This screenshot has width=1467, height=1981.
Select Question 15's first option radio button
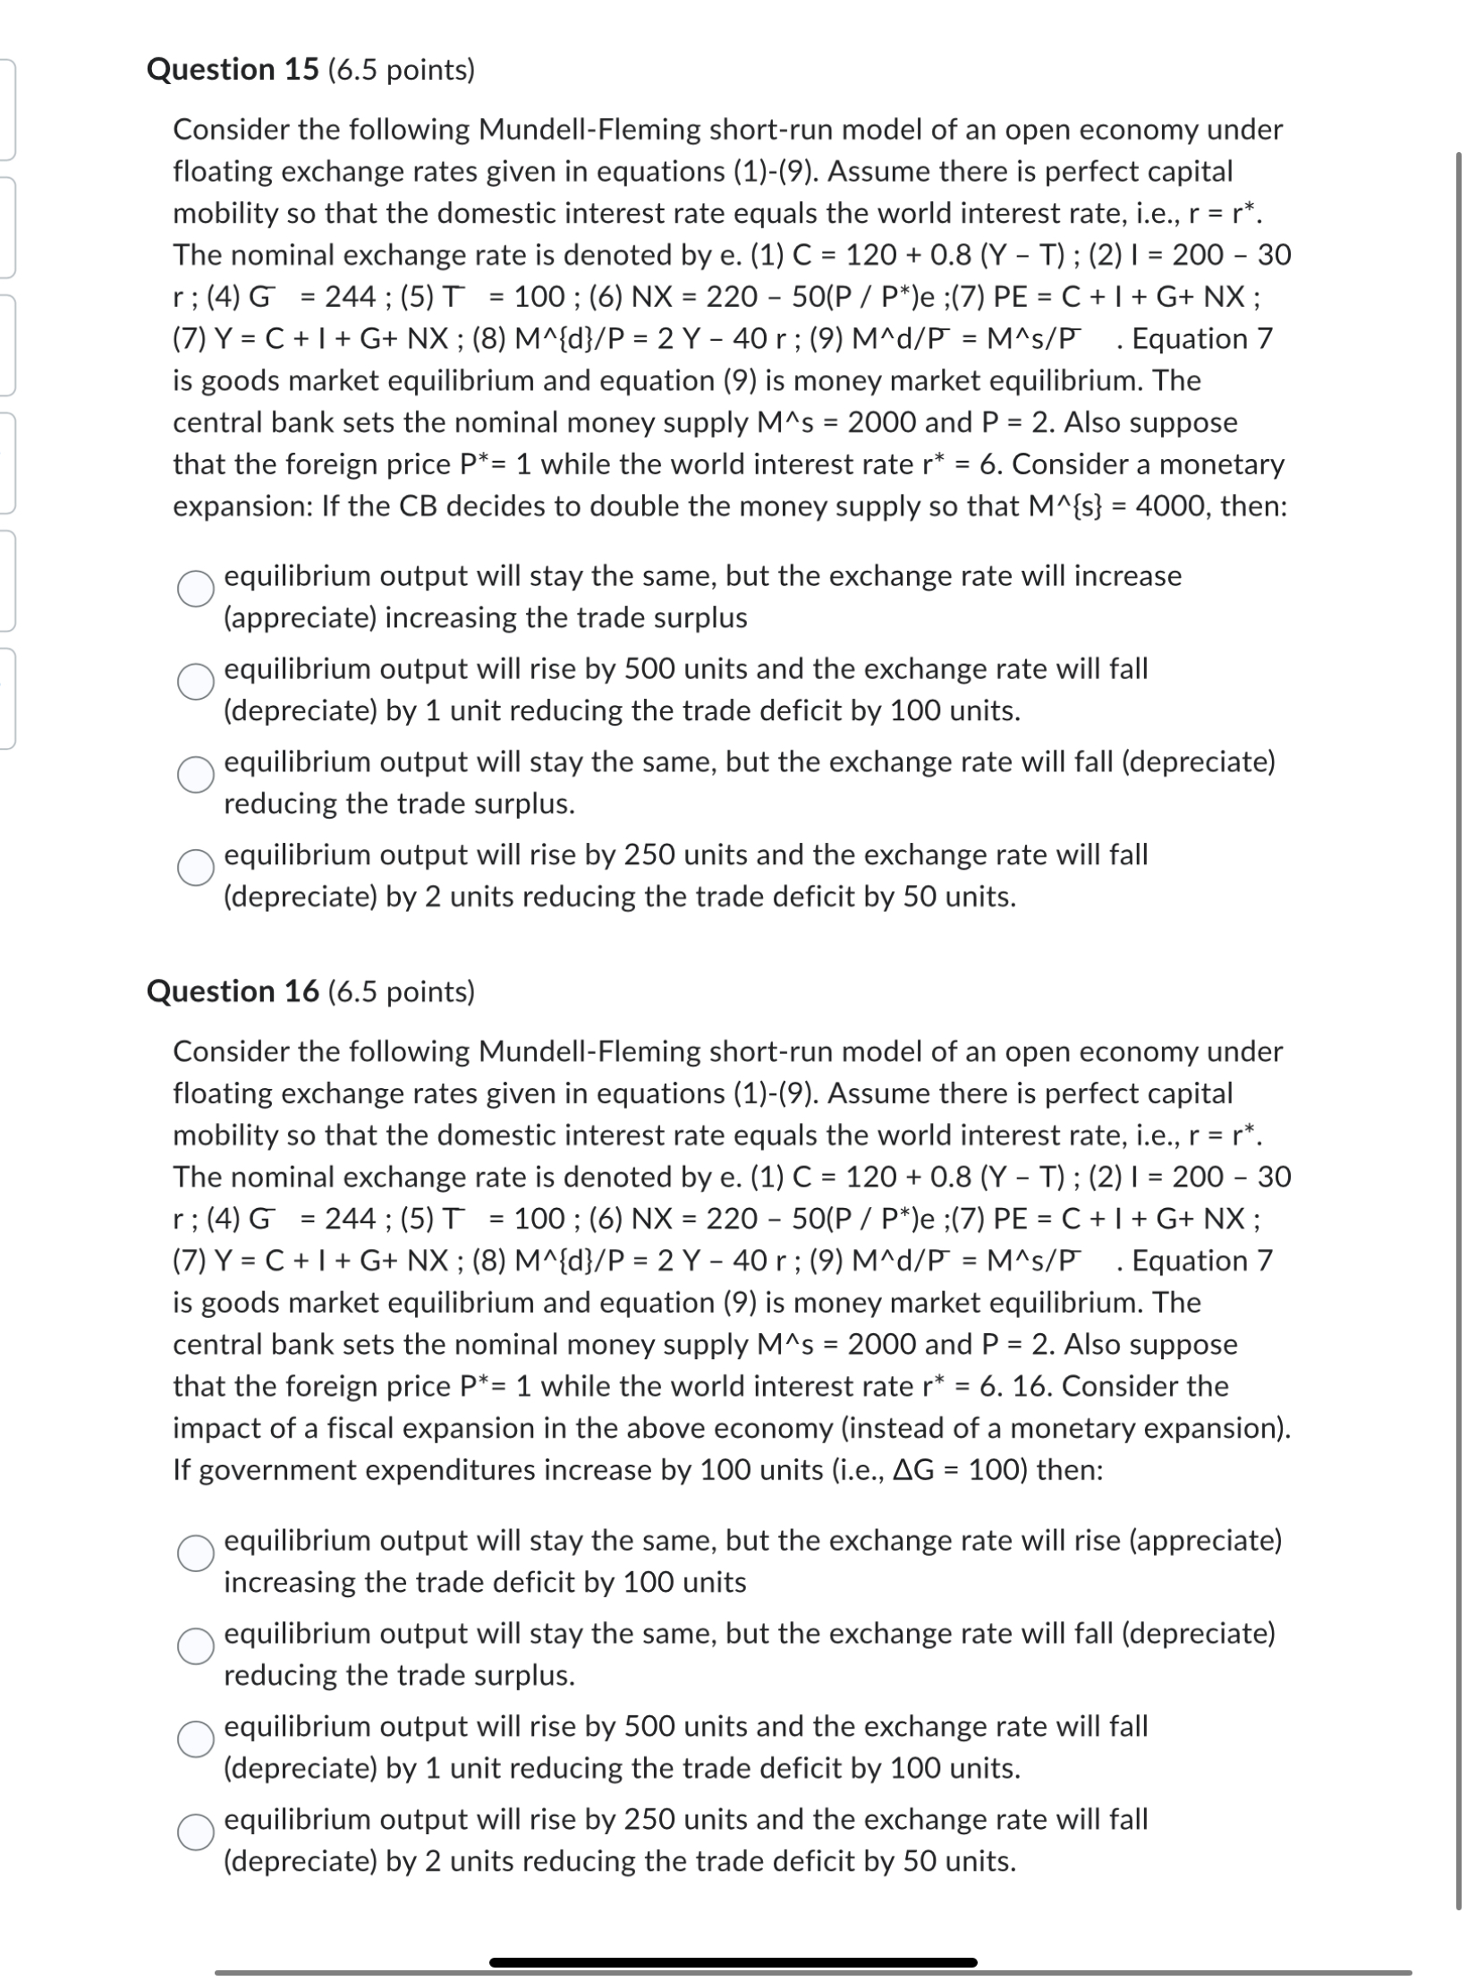195,589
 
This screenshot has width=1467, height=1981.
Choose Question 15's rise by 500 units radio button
195,682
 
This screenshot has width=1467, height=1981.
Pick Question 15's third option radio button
195,775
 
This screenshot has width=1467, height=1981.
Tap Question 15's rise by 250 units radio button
195,868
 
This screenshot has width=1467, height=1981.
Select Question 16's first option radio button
195,1553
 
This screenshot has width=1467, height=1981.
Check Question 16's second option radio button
195,1646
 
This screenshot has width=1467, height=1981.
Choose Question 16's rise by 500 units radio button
195,1739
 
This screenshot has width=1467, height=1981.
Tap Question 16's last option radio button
195,1832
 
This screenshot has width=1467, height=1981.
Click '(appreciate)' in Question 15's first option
300,618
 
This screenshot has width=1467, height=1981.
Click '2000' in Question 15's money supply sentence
882,422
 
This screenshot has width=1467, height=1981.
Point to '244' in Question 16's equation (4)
351,1219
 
